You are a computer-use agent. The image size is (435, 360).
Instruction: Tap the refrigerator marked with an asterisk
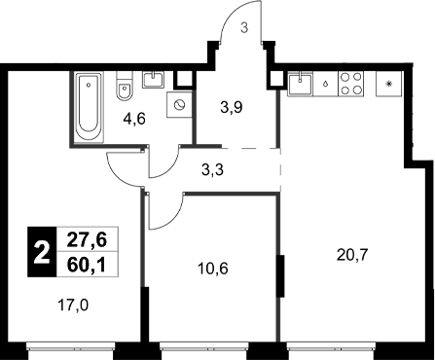click(390, 84)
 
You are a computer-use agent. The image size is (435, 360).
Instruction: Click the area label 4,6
click(135, 122)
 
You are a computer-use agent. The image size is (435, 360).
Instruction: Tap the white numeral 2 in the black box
click(42, 252)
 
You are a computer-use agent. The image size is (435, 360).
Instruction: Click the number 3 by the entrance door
click(244, 27)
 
